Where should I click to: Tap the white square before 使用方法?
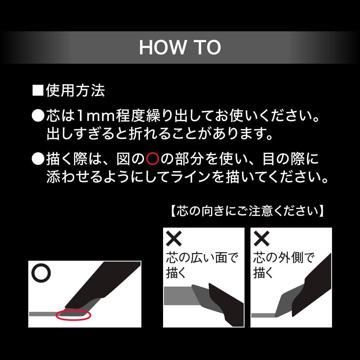point(38,90)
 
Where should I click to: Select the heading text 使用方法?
point(76,90)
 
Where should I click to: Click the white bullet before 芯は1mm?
point(38,115)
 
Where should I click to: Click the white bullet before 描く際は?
point(38,159)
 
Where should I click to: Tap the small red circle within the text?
point(153,159)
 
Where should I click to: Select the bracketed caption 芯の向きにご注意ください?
point(247,211)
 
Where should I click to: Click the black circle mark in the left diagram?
point(41,273)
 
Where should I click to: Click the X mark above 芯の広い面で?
point(174,239)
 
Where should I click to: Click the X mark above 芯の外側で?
point(261,239)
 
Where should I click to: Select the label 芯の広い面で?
point(202,258)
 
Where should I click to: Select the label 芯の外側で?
point(284,258)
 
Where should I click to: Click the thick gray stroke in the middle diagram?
point(179,296)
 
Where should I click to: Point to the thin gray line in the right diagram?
point(263,315)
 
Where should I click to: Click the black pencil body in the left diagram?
point(103,285)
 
